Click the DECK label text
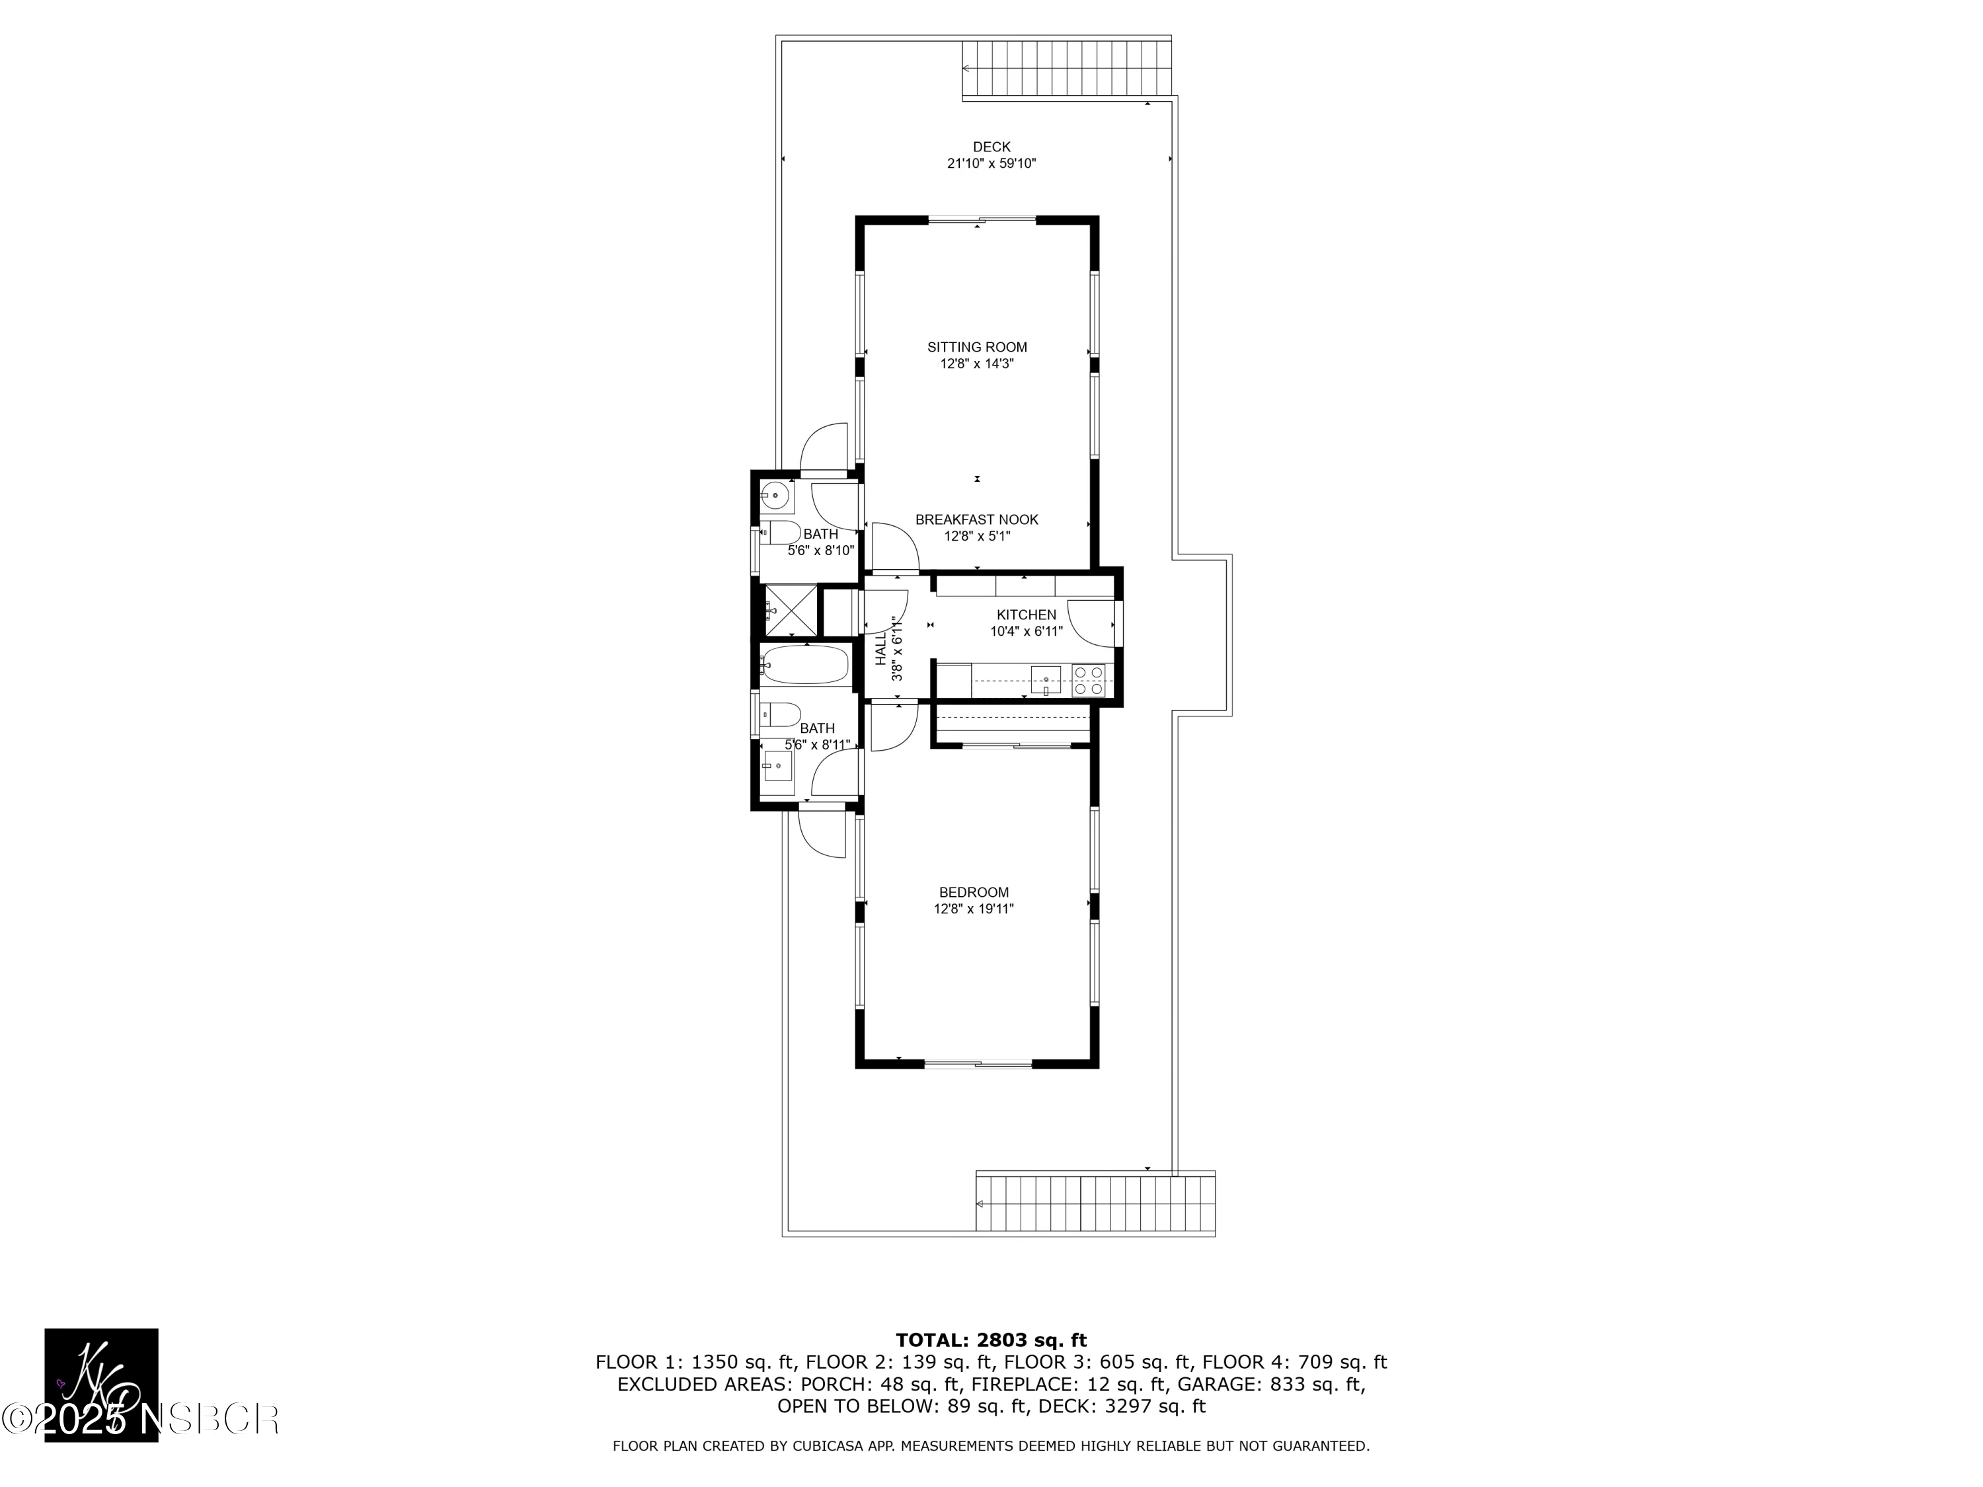tap(991, 147)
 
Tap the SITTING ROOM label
tap(977, 347)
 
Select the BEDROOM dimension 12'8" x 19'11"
tap(974, 909)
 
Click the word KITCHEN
tap(1027, 615)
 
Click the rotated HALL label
tap(881, 647)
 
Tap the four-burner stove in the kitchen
tap(1090, 680)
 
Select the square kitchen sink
tap(1045, 679)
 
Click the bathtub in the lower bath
tap(804, 665)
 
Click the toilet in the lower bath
tap(781, 714)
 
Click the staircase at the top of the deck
tap(1067, 68)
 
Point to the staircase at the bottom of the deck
tap(1095, 1203)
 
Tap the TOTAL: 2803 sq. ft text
tap(991, 1340)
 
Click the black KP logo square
tap(101, 1385)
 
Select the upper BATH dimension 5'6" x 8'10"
tap(820, 551)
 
